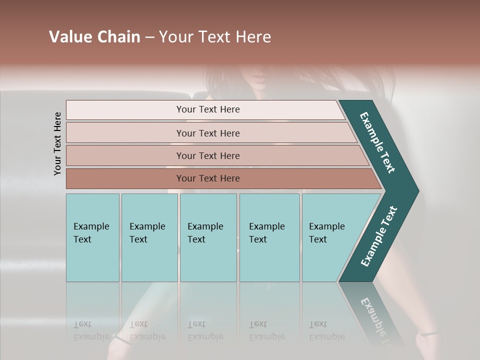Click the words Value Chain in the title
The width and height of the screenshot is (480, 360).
pos(94,37)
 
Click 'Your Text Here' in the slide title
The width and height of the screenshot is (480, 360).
pos(215,37)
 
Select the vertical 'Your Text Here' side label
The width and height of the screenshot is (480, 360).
pos(57,143)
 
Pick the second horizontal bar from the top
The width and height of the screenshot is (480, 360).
pos(207,133)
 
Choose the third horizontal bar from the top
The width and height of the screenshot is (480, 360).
pos(207,155)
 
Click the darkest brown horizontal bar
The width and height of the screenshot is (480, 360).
pos(207,178)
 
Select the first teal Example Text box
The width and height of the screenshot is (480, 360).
pos(92,237)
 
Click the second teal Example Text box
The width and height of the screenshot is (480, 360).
pos(149,237)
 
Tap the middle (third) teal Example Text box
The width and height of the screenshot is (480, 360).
pos(208,237)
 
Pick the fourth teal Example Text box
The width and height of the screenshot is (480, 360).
pos(269,237)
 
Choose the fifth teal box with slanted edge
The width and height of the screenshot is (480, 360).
pos(330,237)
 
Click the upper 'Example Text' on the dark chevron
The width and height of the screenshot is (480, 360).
pos(377,142)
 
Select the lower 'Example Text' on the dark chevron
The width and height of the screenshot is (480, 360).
pos(378,236)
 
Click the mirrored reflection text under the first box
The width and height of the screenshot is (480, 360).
pos(91,330)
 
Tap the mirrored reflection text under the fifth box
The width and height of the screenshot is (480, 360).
pos(327,330)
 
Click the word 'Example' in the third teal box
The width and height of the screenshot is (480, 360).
pos(205,226)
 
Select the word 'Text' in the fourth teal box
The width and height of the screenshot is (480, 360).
pos(258,239)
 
